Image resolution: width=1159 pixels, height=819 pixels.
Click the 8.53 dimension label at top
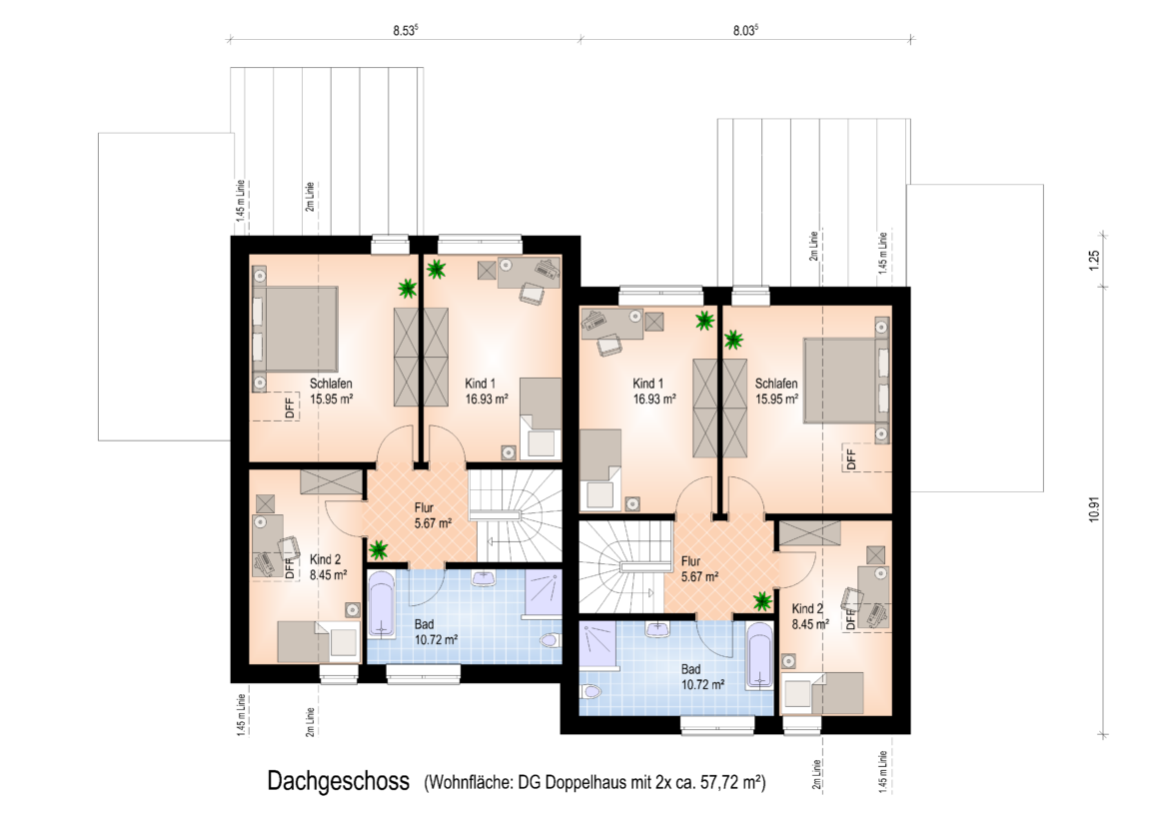coord(405,30)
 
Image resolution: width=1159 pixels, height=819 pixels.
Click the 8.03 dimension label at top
coord(745,30)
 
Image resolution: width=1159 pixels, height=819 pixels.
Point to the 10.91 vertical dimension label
coord(1095,508)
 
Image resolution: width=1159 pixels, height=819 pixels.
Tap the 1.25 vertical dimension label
coord(1095,261)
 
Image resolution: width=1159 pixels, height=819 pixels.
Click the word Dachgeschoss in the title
coord(339,781)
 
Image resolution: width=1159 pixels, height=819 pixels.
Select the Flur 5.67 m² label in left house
coord(434,515)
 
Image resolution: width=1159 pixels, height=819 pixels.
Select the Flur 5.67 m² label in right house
coord(699,568)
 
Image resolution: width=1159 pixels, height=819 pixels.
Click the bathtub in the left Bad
coord(382,605)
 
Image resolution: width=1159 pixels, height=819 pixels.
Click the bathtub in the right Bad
coord(759,656)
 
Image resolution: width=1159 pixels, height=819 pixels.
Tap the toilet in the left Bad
coord(551,639)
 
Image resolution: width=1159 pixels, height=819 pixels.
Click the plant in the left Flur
coord(379,549)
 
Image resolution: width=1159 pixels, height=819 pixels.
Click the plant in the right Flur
coord(762,601)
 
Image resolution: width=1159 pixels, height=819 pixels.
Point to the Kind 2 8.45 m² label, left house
coord(328,567)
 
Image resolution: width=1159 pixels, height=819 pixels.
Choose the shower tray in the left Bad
coord(544,593)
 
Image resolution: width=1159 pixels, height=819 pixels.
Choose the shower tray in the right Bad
coord(597,644)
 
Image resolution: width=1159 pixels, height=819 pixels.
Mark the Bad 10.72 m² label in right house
coord(702,677)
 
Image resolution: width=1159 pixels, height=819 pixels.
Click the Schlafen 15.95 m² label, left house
coord(331,391)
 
